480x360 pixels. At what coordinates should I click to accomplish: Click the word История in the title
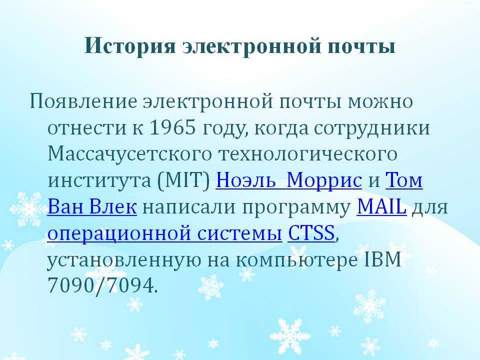pyautogui.click(x=130, y=46)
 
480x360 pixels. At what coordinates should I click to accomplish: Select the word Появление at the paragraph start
pyautogui.click(x=83, y=101)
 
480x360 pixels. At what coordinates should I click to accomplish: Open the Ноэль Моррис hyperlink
pyautogui.click(x=289, y=180)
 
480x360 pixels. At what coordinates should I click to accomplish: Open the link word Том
pyautogui.click(x=404, y=180)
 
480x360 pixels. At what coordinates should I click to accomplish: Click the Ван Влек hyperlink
pyautogui.click(x=92, y=206)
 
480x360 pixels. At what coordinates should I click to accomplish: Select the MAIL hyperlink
pyautogui.click(x=381, y=206)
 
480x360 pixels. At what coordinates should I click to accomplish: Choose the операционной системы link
pyautogui.click(x=164, y=233)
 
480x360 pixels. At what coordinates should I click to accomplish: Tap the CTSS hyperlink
pyautogui.click(x=311, y=233)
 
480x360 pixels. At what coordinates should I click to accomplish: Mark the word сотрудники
pyautogui.click(x=372, y=128)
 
